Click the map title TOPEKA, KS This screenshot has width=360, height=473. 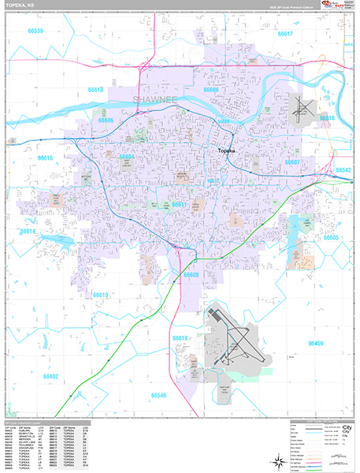click(x=20, y=7)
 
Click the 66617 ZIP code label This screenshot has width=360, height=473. click(x=285, y=34)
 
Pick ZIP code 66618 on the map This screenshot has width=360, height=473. click(x=95, y=91)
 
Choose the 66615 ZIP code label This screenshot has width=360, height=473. click(x=45, y=158)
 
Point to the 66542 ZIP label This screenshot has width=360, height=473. click(x=343, y=169)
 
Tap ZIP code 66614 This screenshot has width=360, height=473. click(x=28, y=233)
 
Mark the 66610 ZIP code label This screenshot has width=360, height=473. click(x=100, y=295)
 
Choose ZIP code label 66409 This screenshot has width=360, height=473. click(x=315, y=344)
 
